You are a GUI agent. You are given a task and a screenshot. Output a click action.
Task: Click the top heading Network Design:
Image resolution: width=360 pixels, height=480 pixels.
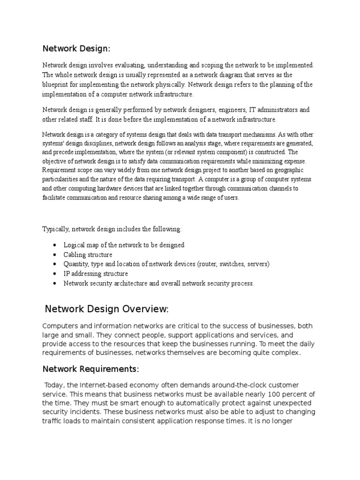tap(76, 48)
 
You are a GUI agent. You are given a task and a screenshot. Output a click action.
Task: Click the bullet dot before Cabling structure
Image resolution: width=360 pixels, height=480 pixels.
tap(55, 255)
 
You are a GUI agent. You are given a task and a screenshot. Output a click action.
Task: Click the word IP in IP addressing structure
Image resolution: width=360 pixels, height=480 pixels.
tap(67, 274)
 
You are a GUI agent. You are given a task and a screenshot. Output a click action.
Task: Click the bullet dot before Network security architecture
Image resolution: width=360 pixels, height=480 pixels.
tap(55, 284)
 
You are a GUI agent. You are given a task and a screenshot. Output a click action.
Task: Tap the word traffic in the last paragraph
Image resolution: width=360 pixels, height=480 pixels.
tap(52, 420)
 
